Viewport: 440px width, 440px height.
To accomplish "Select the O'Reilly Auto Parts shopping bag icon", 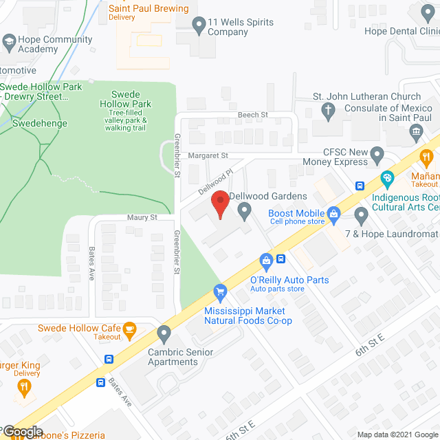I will click(266, 259).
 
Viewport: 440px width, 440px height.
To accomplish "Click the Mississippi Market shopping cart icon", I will click(220, 291).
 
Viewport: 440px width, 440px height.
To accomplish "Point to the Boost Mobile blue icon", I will click(334, 214).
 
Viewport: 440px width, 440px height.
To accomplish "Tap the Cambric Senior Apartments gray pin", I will click(164, 334).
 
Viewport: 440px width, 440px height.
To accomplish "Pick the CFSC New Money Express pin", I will click(376, 154).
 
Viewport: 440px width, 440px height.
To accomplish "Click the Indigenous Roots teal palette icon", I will click(388, 180).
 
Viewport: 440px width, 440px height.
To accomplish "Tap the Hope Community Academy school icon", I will click(9, 44).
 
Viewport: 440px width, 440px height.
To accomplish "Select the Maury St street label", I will click(142, 217).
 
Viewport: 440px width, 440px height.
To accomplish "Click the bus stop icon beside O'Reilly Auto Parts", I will click(281, 258).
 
